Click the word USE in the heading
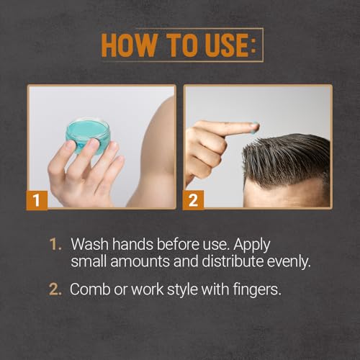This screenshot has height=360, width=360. [222, 45]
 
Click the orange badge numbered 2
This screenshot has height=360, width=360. [194, 199]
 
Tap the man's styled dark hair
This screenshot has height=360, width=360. [288, 148]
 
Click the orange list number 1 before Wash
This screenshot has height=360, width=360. [55, 244]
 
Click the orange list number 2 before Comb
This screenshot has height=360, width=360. [56, 289]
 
